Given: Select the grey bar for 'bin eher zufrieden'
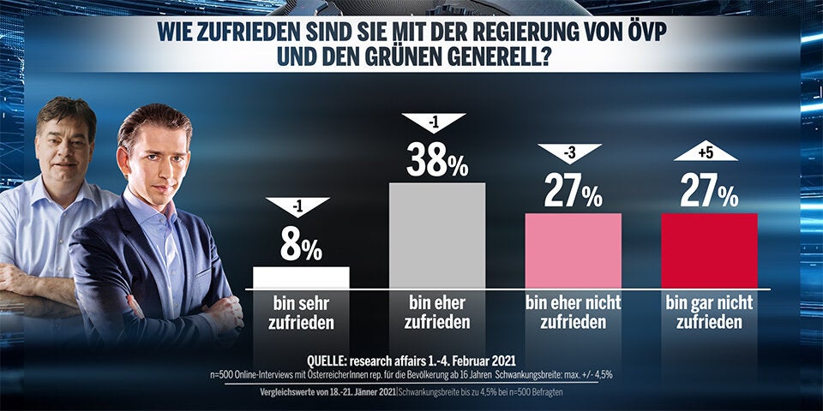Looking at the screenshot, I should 437,235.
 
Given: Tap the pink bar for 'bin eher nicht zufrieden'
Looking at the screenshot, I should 573,250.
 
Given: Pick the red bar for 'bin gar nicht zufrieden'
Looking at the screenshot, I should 709,250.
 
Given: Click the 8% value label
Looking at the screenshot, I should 301,247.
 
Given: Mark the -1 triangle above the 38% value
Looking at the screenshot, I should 434,122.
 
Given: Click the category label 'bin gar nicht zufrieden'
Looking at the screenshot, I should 709,313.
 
